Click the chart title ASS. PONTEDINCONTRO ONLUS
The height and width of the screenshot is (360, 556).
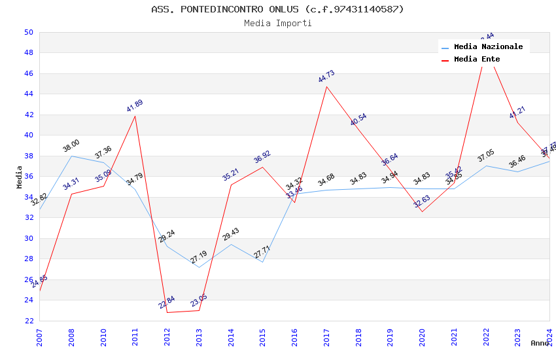[x=277, y=9]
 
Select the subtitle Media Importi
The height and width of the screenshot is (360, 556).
[x=277, y=24]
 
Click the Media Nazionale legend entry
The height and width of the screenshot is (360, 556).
[x=488, y=46]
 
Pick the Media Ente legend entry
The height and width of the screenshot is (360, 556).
[x=477, y=59]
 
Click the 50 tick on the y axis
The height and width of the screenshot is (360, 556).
[x=29, y=32]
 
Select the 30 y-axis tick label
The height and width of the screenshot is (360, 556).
[x=29, y=238]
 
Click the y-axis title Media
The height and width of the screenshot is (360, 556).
[x=20, y=177]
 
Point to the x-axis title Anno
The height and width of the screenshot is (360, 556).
[x=540, y=343]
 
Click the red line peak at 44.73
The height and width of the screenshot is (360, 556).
[x=326, y=86]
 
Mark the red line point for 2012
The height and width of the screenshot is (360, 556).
[x=167, y=312]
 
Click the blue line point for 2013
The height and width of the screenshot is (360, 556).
[x=199, y=267]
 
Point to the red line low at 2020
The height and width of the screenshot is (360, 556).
[x=422, y=211]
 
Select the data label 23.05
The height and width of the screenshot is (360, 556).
[x=199, y=300]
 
